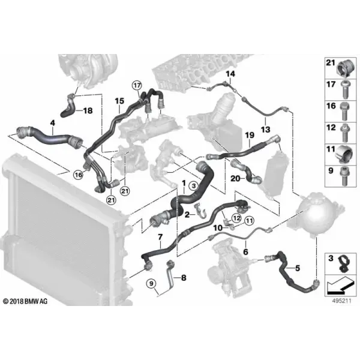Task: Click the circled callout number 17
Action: (x=137, y=86)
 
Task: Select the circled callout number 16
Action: (x=79, y=175)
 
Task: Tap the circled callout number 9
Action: (x=151, y=284)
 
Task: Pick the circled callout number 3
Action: (x=194, y=185)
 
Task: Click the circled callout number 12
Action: (x=236, y=218)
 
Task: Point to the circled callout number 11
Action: (x=250, y=221)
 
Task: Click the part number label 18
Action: (x=88, y=110)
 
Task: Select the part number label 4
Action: (x=53, y=123)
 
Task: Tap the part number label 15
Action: (x=119, y=101)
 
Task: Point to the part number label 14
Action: (x=230, y=74)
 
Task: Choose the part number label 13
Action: (x=265, y=130)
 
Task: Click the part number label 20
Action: (x=235, y=178)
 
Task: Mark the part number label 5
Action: (x=298, y=268)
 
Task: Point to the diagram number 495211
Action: (x=341, y=301)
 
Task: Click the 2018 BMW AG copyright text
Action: (x=25, y=301)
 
